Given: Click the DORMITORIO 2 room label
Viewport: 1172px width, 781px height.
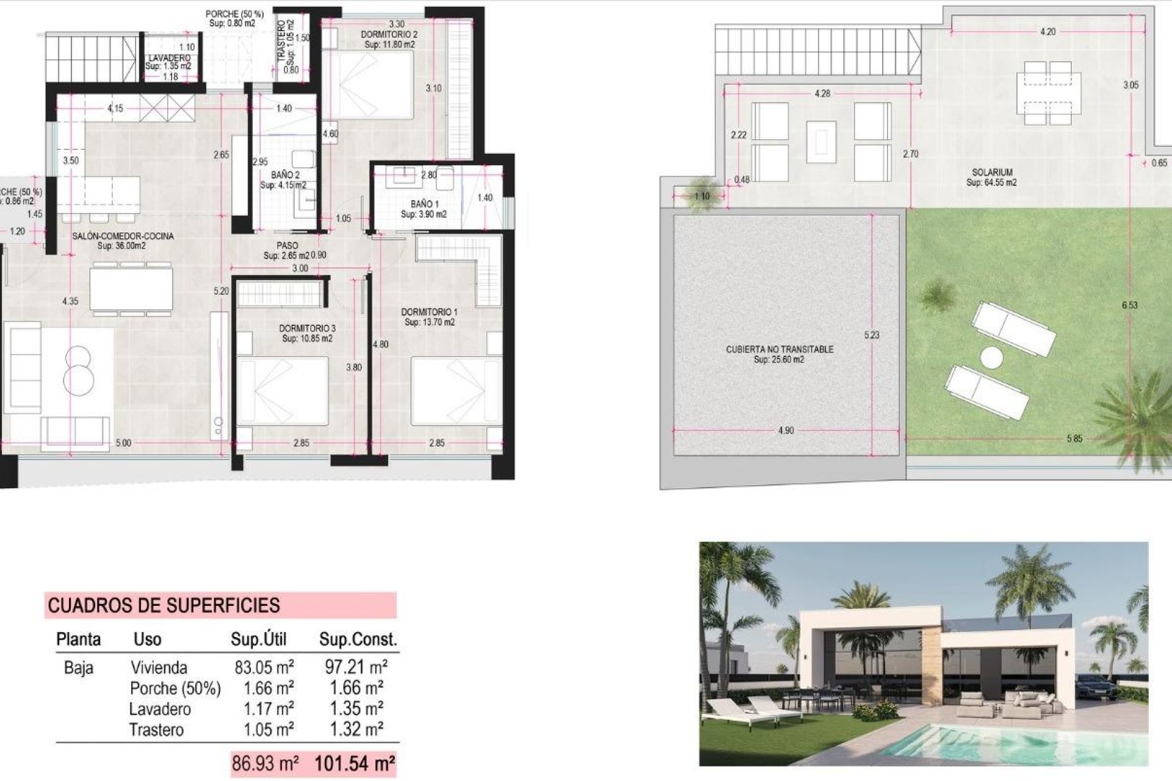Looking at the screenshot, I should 389,35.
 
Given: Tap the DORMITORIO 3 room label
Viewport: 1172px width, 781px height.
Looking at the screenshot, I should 308,328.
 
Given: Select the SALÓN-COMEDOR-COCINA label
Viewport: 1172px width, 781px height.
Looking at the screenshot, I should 123,236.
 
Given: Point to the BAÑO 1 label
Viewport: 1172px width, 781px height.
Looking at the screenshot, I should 424,204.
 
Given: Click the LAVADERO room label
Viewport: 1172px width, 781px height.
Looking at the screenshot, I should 169,58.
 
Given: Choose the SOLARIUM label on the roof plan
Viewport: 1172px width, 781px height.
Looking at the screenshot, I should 992,173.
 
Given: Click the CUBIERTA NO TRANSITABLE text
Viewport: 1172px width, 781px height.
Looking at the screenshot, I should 780,349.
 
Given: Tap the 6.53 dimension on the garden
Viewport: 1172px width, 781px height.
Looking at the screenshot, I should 1130,305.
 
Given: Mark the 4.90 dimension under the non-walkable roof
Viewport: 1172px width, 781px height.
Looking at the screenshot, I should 786,430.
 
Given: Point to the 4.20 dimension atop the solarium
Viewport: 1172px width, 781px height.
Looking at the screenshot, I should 1048,32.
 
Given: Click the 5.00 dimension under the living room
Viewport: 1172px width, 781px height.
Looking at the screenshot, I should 123,443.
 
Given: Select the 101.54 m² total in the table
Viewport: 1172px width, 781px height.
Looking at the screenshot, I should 354,763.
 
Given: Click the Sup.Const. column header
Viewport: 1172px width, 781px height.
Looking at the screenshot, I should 358,639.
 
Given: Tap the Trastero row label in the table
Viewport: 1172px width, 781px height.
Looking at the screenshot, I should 156,730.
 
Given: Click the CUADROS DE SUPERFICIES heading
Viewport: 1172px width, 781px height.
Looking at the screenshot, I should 164,605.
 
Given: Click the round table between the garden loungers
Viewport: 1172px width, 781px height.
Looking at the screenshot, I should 992,358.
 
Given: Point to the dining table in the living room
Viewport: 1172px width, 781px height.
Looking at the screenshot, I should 131,289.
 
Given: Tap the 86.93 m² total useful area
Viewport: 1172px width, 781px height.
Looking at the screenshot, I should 265,763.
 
